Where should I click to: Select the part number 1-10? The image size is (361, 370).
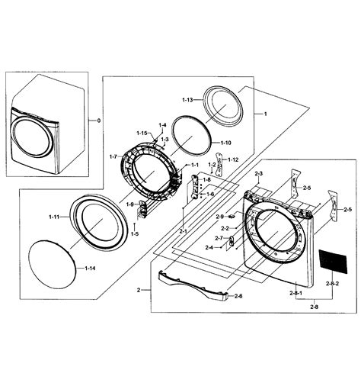[x=225, y=143]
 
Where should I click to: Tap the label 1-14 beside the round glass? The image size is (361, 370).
[x=90, y=269]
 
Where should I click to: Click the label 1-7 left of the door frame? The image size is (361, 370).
[x=113, y=156]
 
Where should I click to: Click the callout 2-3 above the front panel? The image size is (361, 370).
[x=258, y=175]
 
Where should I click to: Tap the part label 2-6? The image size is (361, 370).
[x=238, y=295]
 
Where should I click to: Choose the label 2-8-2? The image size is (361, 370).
[x=332, y=283]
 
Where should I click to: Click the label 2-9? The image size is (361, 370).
[x=220, y=217]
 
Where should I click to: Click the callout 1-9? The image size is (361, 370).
[x=129, y=204]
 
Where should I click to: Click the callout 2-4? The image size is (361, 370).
[x=209, y=247]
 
